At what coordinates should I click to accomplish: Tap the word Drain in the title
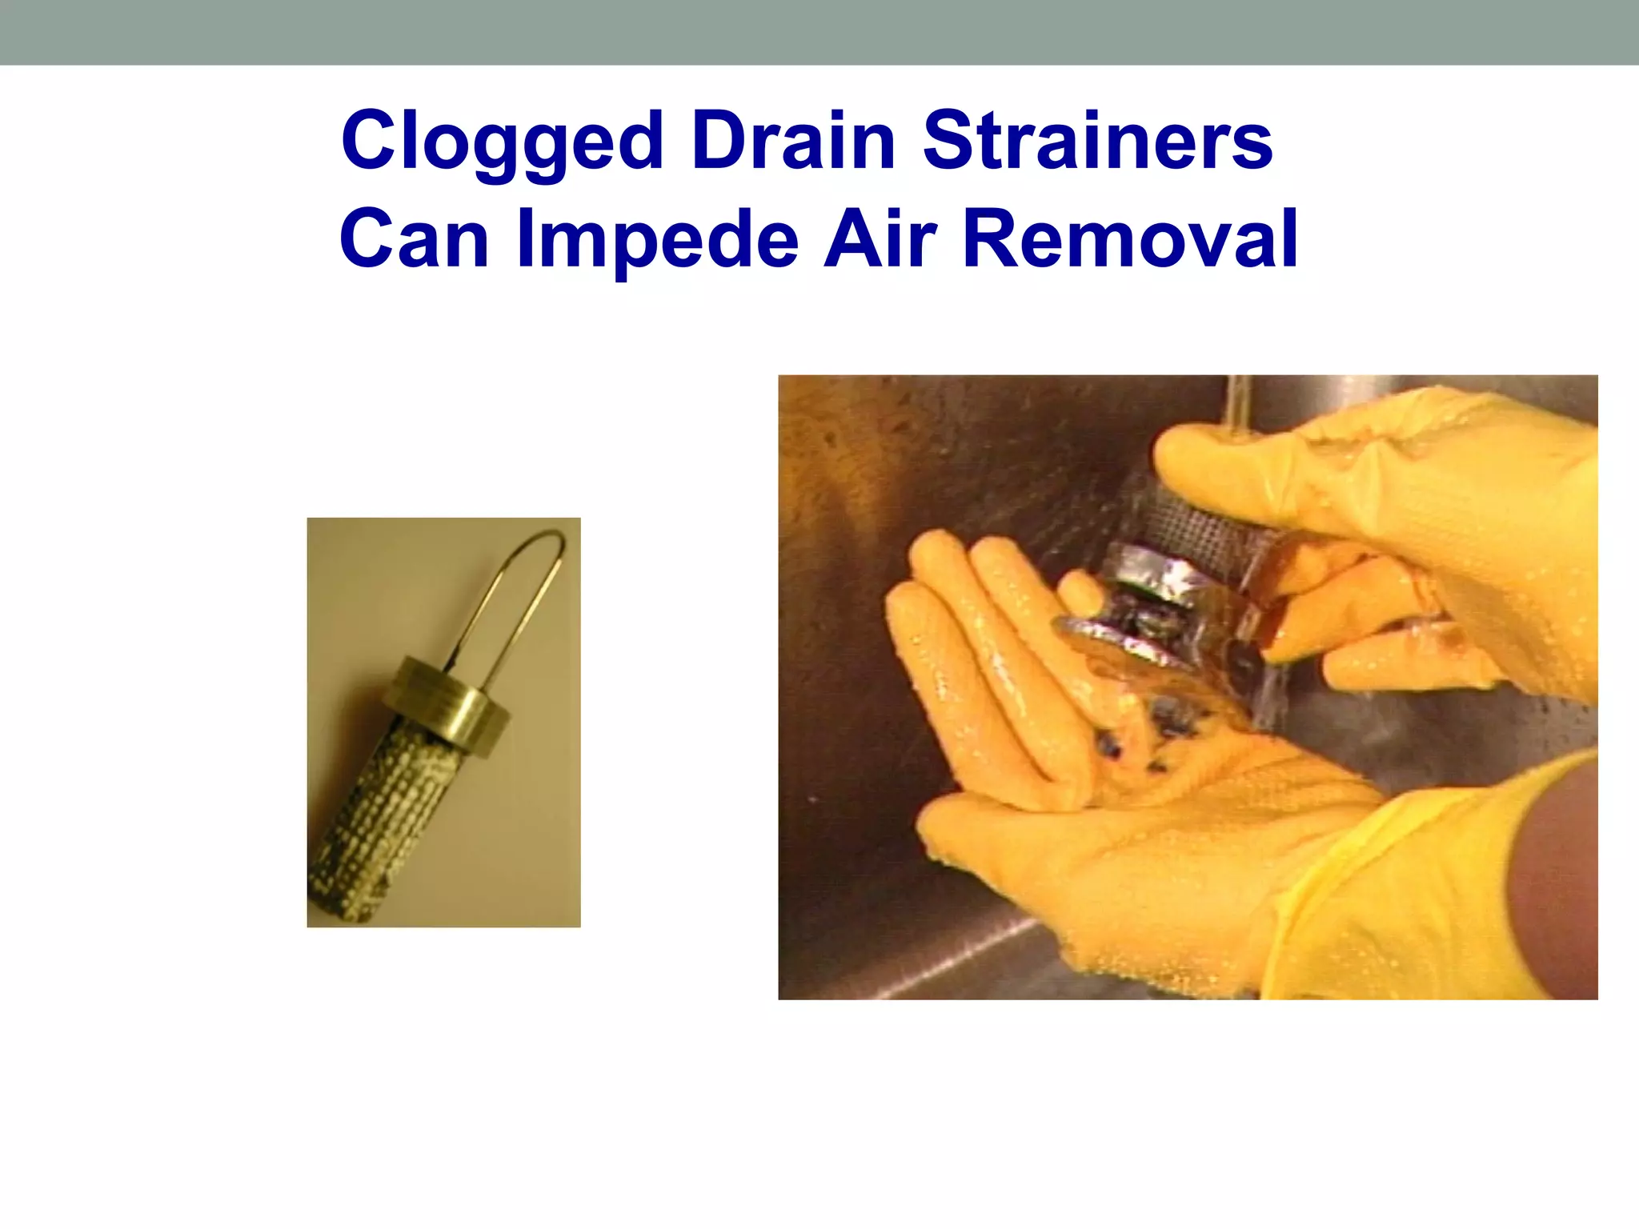pyautogui.click(x=794, y=141)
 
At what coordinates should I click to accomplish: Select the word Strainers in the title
pyautogui.click(x=1097, y=141)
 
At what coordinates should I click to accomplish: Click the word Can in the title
pyautogui.click(x=414, y=239)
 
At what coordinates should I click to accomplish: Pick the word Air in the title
pyautogui.click(x=880, y=238)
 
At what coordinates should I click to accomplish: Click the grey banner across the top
pyautogui.click(x=819, y=32)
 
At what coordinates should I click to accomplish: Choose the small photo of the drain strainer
pyautogui.click(x=443, y=722)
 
